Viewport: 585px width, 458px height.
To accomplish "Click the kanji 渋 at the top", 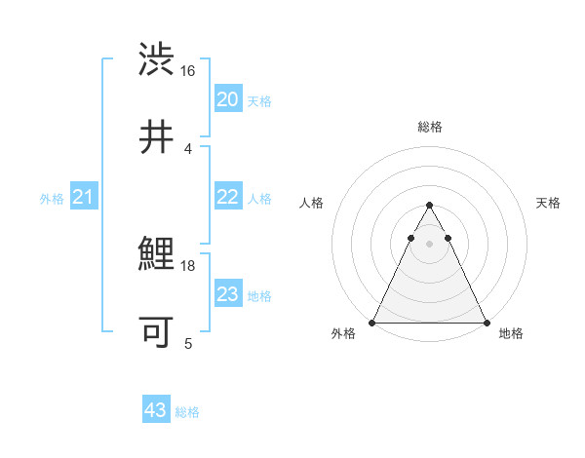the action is (x=157, y=59).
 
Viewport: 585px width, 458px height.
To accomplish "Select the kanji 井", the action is (x=157, y=137).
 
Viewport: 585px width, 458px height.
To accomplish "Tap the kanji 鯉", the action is (x=157, y=255).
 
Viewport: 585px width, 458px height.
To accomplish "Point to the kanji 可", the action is (x=157, y=332).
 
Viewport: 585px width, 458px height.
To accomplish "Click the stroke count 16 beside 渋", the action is (x=188, y=71).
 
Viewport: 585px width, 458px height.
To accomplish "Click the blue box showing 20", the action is (x=227, y=99).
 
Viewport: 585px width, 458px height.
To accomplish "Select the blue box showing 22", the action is (x=227, y=197).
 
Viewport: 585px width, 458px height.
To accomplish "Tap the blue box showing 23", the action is (x=227, y=294).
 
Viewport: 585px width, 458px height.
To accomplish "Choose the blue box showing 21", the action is (x=84, y=198).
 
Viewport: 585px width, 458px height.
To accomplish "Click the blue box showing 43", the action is (x=156, y=410).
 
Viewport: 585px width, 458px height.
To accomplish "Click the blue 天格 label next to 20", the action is (x=259, y=101).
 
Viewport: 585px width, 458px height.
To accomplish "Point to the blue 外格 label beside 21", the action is (x=52, y=199).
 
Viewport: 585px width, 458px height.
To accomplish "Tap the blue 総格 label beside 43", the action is (x=187, y=412).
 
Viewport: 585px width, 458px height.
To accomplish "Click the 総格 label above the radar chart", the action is (x=429, y=127).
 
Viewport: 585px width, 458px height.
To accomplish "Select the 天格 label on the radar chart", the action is (x=548, y=203).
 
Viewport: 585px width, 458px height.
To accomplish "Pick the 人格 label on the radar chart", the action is (x=311, y=203).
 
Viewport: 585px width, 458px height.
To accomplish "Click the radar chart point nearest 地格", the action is (x=487, y=323).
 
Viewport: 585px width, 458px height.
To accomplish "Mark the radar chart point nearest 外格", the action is (x=372, y=323).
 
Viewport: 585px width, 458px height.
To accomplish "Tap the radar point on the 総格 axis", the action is (x=429, y=206).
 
